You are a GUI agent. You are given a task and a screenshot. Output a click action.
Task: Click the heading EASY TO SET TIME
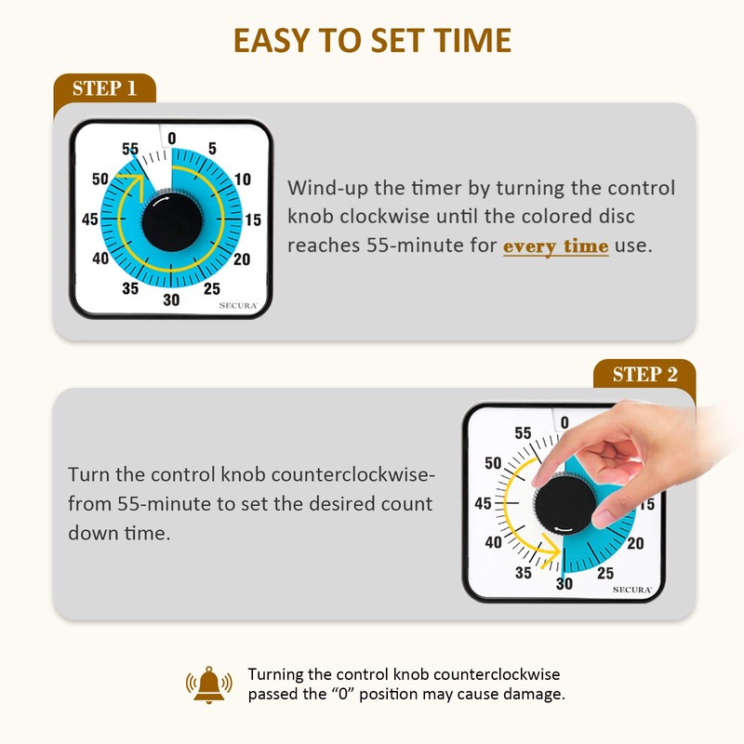point(372,41)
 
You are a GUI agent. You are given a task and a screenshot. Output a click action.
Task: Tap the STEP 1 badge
point(104,88)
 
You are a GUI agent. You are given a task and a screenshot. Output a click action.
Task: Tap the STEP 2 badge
point(644,375)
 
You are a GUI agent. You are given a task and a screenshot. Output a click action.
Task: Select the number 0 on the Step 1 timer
point(171,139)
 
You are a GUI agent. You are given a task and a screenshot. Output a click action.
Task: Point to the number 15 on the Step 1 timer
point(253,219)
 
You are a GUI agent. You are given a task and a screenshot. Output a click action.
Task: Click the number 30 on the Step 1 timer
point(171,299)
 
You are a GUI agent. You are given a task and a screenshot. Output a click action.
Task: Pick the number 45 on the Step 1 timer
point(90,219)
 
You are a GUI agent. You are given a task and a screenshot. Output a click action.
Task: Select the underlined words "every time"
point(556,246)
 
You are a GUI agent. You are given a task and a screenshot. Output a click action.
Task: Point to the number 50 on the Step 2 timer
point(493,462)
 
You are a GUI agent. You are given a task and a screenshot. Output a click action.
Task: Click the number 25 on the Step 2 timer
point(604,572)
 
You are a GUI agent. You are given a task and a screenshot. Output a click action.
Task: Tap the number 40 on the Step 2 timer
point(493,543)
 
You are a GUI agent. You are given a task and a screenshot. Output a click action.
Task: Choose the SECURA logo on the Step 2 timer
point(631,589)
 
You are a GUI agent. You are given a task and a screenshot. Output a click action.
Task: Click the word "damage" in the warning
point(539,694)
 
